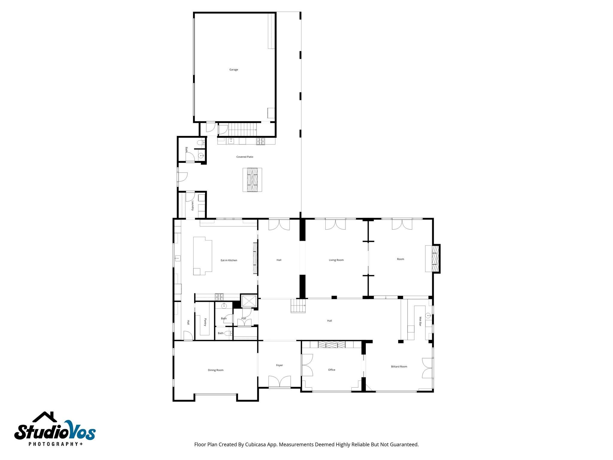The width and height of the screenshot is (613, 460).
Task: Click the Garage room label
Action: coord(234,70)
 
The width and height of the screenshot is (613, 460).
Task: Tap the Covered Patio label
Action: coord(245,157)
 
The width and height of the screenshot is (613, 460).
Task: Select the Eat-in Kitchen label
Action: coord(229,261)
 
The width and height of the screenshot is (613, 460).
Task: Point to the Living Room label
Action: coord(336,260)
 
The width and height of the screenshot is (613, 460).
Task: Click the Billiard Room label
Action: coord(399,367)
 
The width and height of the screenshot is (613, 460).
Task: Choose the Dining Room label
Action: coord(216,370)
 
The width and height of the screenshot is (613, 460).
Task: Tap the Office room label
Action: coord(332,370)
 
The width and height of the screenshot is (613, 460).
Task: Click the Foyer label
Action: coord(280,365)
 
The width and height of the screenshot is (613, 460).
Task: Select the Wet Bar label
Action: coord(420,321)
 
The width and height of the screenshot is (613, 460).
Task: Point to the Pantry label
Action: coord(205,322)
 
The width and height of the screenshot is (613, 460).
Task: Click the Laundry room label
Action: coord(193,206)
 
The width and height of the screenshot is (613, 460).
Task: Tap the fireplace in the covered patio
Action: coord(252,180)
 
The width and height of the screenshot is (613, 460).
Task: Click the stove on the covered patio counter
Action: coord(260,141)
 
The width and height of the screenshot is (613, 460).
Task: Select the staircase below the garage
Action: coord(243,129)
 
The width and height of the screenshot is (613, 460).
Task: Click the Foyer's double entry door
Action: coord(280,382)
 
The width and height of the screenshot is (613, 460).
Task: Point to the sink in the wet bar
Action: coord(428,315)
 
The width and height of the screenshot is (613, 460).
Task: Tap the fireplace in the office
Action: coord(332,344)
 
